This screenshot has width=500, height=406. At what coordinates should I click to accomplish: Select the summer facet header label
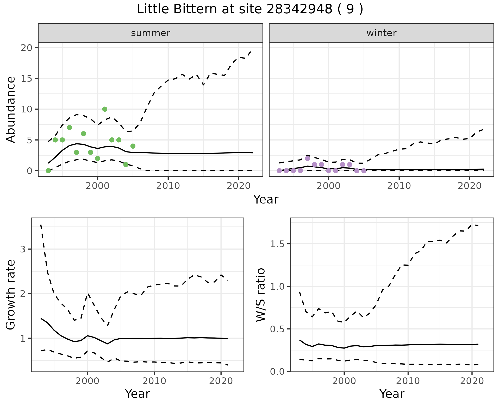click(x=151, y=33)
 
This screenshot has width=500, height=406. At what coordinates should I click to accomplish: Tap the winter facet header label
click(x=381, y=33)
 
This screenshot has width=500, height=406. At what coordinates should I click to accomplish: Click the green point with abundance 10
click(x=105, y=109)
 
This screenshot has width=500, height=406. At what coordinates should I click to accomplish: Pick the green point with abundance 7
click(x=69, y=128)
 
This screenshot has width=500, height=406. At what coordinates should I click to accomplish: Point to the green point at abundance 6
click(x=84, y=134)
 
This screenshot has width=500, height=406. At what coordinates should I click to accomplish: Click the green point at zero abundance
click(x=48, y=171)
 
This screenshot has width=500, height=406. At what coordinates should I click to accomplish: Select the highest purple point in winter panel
click(x=307, y=158)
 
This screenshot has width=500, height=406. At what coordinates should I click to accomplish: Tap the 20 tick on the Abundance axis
click(x=28, y=48)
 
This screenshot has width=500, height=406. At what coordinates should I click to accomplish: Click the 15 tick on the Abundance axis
click(x=28, y=78)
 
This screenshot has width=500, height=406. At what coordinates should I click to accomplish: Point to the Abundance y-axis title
click(x=11, y=109)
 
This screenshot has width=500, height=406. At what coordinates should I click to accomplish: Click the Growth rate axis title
click(x=11, y=295)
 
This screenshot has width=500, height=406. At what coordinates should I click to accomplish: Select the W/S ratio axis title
click(x=261, y=295)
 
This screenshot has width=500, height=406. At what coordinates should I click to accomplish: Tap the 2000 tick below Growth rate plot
click(x=87, y=381)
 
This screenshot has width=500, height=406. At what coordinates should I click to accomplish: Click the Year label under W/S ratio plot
click(x=392, y=394)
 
